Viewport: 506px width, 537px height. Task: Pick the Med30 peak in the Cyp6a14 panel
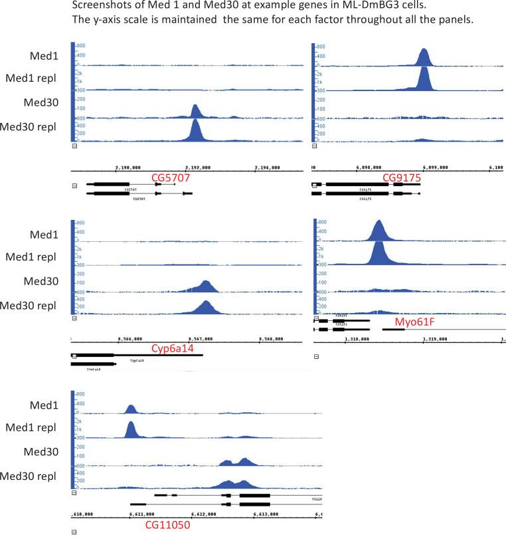206,286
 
